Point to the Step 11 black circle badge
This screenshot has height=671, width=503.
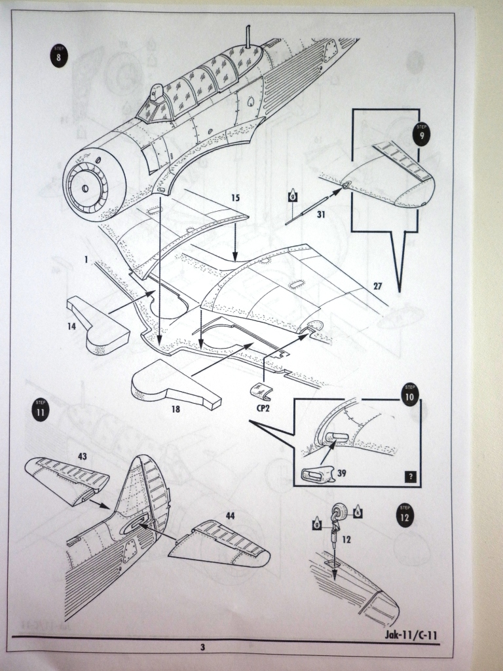coord(41,412)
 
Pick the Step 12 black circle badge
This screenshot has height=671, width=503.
coord(406,514)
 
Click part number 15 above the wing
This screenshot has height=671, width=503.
coord(236,197)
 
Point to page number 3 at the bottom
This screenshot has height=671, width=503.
coord(203,647)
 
